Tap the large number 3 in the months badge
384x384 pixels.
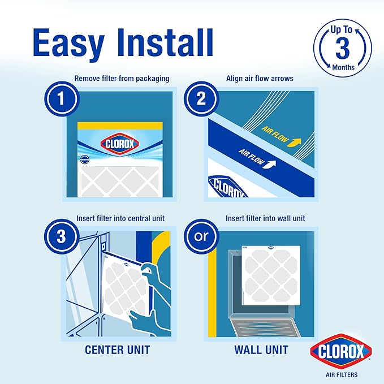pyautogui.click(x=343, y=49)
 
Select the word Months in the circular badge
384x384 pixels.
pyautogui.click(x=343, y=67)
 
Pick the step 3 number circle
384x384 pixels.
pyautogui.click(x=61, y=236)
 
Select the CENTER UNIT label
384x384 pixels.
pyautogui.click(x=117, y=350)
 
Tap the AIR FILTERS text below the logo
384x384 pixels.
pyautogui.click(x=340, y=374)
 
